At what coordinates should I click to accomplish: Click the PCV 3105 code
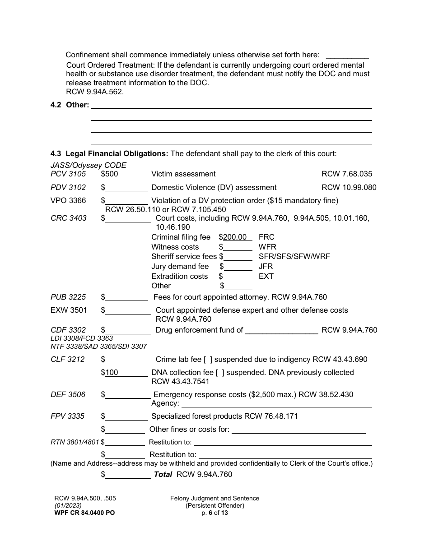68,174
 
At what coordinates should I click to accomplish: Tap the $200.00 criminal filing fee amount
235,237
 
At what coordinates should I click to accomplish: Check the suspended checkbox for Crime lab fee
208,359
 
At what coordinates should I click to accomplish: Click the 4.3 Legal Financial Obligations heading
109,153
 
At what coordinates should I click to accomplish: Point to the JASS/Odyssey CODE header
89,165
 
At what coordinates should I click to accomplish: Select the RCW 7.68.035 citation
347,174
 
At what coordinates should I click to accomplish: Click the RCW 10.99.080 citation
349,187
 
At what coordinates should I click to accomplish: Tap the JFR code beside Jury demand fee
266,266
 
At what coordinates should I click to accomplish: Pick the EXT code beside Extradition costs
266,276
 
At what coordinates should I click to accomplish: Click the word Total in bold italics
163,474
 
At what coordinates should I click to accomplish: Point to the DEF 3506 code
68,394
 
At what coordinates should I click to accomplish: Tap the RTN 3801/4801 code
75,442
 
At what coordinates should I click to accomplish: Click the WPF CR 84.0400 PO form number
84,513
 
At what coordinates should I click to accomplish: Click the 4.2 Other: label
70,105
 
